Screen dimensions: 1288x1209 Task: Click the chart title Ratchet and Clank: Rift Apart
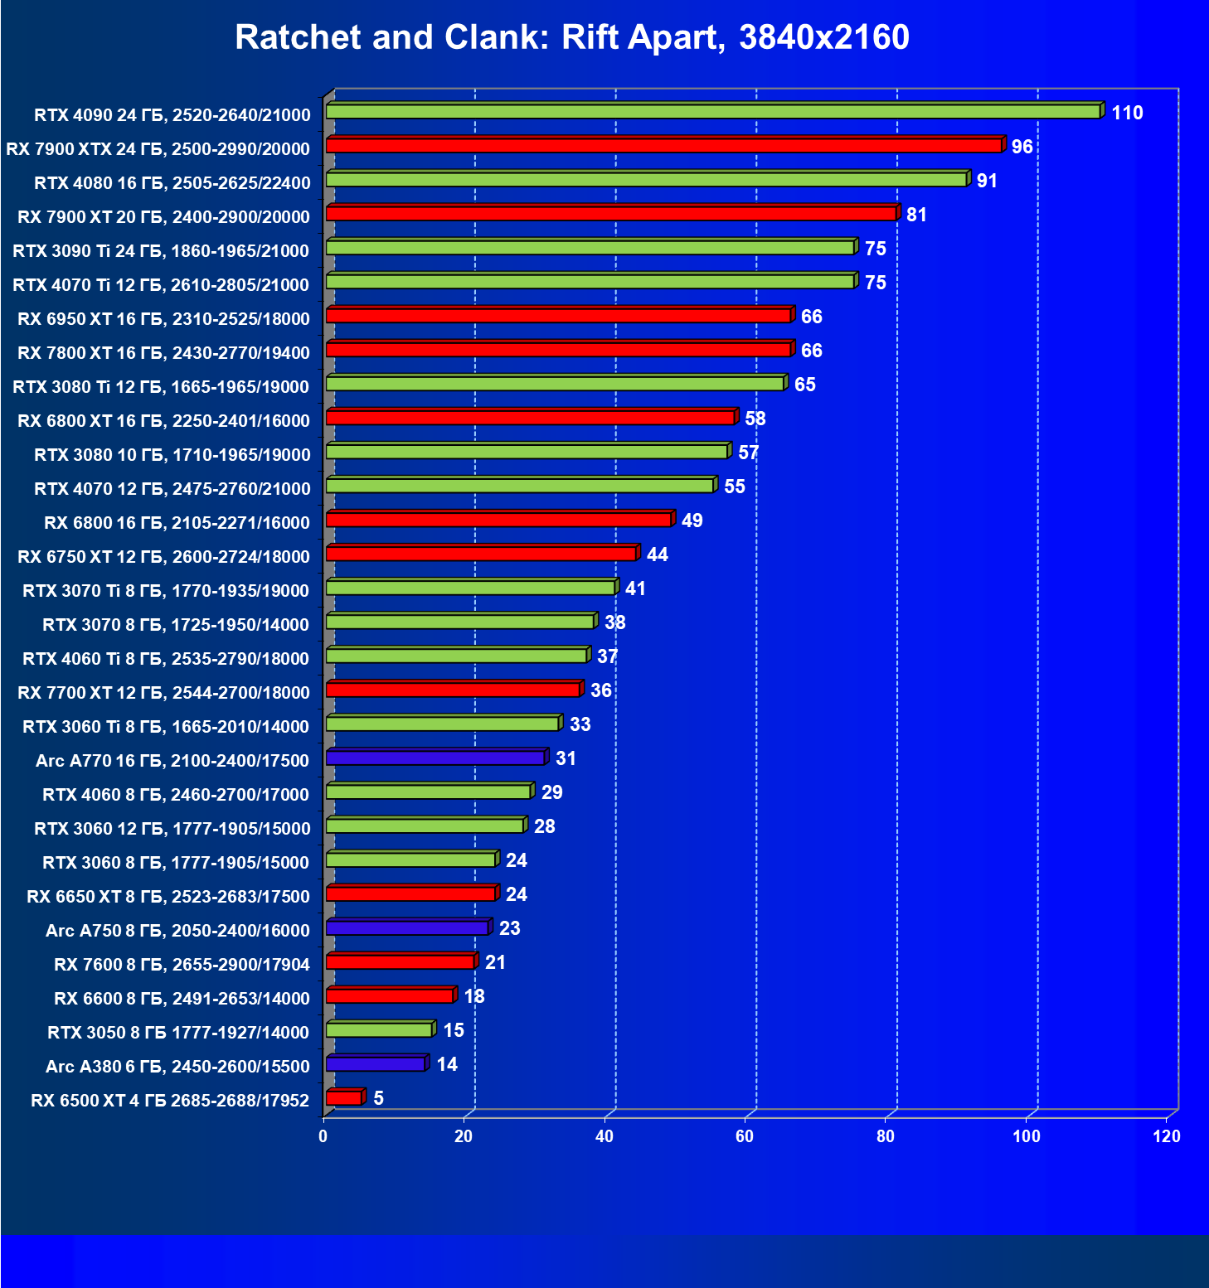(x=572, y=37)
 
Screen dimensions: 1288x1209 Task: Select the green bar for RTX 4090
(x=713, y=112)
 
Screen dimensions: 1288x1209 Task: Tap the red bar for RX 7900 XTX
(x=663, y=146)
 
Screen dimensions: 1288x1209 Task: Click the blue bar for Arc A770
(x=435, y=758)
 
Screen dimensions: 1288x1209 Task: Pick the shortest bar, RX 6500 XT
(x=344, y=1098)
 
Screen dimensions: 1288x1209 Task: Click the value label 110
(x=1127, y=113)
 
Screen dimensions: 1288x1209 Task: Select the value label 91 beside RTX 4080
(x=987, y=181)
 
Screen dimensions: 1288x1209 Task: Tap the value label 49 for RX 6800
(x=692, y=521)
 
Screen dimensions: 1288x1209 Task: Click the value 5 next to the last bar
(x=378, y=1098)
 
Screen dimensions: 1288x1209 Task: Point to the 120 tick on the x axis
(x=1166, y=1136)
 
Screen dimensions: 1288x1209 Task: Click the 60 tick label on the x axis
(x=745, y=1136)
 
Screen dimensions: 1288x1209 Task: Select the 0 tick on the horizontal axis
(x=323, y=1136)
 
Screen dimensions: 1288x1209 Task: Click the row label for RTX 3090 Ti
(x=161, y=251)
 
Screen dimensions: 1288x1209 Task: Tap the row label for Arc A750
(x=177, y=931)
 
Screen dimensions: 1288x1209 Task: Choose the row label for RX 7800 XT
(x=163, y=353)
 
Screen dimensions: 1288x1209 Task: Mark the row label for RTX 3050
(x=177, y=1033)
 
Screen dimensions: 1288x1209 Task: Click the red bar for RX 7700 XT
(x=453, y=690)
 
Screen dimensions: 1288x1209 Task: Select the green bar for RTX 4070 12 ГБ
(x=520, y=486)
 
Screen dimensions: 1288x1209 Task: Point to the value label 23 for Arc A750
(x=509, y=928)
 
